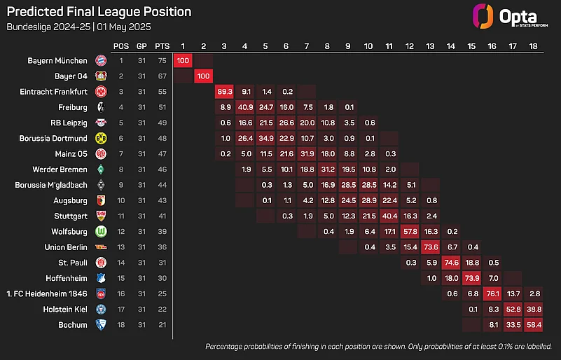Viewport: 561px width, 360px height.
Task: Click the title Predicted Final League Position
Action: point(99,12)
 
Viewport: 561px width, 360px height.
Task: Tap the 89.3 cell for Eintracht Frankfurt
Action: point(224,91)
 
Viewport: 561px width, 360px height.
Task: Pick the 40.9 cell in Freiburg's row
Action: point(245,107)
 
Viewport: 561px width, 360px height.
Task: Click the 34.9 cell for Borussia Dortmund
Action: point(265,138)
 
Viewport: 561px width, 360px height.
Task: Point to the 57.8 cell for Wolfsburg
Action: point(410,231)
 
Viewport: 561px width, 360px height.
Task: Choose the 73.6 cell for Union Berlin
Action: point(431,247)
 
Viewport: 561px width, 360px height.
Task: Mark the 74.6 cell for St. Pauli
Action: point(452,262)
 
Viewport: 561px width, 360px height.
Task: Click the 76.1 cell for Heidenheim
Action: point(493,293)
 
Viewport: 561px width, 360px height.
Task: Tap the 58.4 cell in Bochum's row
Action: point(534,324)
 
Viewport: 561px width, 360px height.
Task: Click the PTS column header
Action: point(162,46)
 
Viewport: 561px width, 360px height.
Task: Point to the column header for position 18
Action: point(534,46)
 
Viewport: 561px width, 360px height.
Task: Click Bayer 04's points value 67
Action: point(162,76)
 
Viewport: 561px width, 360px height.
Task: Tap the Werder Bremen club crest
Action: point(101,169)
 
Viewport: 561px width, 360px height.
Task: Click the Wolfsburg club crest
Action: point(101,231)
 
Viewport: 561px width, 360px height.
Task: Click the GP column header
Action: point(142,46)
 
